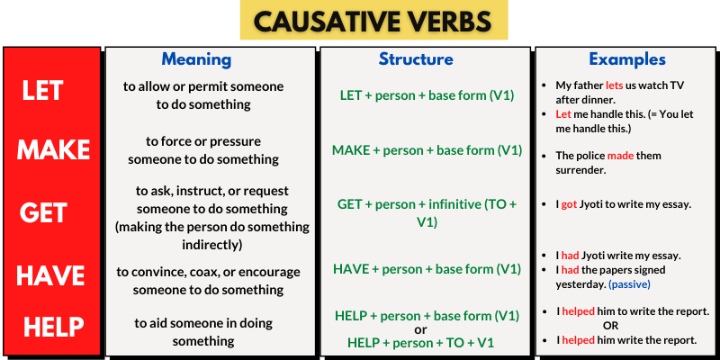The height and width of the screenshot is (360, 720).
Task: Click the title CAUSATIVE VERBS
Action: (x=373, y=21)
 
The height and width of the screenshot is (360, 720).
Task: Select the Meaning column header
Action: (x=196, y=59)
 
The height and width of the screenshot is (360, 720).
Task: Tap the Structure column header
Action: (x=416, y=59)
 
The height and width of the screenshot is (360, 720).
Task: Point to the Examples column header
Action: (x=627, y=59)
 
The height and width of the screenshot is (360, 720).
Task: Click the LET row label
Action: (x=42, y=91)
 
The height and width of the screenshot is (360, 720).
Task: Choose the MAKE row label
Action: (x=53, y=149)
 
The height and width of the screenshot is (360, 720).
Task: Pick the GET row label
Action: (x=43, y=212)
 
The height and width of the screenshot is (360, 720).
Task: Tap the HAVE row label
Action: (x=50, y=276)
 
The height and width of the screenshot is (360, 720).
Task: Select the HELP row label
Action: (x=54, y=328)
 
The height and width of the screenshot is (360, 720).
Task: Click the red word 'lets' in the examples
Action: (x=615, y=85)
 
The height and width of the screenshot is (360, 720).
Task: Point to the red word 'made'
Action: (x=620, y=156)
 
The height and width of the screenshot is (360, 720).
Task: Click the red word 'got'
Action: (x=569, y=205)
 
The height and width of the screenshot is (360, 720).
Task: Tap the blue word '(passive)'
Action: (x=629, y=284)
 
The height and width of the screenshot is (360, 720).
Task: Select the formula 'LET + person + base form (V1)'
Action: (x=427, y=95)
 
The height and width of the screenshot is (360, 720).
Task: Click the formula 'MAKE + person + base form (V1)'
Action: (x=427, y=150)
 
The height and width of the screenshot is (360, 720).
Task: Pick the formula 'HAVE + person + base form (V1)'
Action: (x=427, y=269)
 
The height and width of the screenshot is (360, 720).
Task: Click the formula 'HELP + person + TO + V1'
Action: (x=420, y=343)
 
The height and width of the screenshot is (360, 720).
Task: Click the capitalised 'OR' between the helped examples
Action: (x=611, y=326)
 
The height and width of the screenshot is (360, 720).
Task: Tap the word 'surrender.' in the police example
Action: (x=580, y=170)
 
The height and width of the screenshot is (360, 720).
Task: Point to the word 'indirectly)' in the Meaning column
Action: (x=212, y=245)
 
